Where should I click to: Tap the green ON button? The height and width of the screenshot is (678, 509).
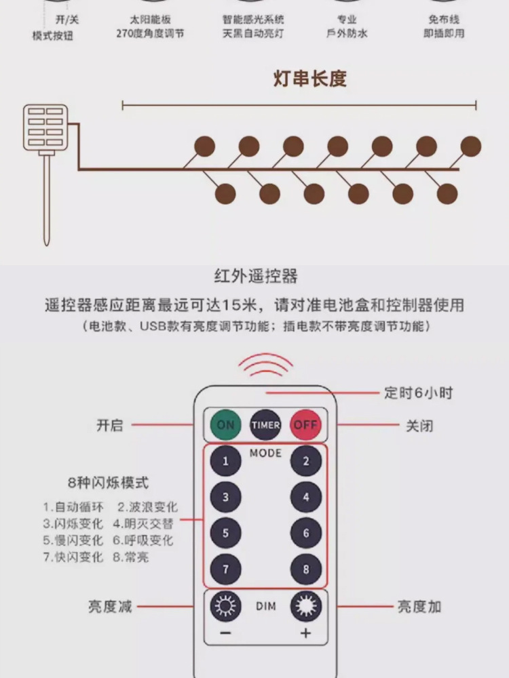(x=225, y=425)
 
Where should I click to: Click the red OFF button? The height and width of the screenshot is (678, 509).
(x=305, y=425)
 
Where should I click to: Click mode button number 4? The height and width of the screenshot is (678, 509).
(x=306, y=498)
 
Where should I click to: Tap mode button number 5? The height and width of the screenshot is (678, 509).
(x=225, y=534)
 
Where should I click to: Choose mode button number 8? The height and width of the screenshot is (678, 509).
(x=306, y=570)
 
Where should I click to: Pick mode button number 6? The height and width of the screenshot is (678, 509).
(x=306, y=534)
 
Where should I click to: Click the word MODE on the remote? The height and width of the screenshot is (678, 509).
(x=265, y=453)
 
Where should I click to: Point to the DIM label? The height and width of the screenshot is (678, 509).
(x=266, y=606)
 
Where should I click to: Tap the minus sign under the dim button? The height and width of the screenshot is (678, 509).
(x=225, y=633)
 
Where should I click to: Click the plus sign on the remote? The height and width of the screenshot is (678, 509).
(x=305, y=633)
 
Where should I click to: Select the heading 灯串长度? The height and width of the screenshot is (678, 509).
(x=309, y=79)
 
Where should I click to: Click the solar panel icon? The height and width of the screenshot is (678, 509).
(x=45, y=127)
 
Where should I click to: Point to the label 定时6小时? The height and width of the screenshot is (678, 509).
(x=418, y=393)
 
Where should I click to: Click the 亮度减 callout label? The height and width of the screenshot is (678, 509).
(x=109, y=606)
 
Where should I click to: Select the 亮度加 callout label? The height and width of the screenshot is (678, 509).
(x=419, y=606)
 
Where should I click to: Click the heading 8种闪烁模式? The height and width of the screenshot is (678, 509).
(x=109, y=483)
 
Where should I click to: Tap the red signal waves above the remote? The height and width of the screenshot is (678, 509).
(x=265, y=366)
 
